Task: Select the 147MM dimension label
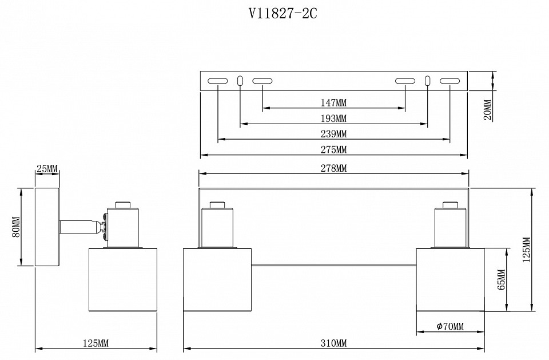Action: [333, 103]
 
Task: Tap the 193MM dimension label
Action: [333, 119]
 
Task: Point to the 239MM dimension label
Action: [333, 134]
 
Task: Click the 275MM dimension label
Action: [333, 150]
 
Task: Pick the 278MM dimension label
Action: [333, 168]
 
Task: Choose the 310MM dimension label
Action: [333, 343]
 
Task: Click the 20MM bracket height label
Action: [487, 110]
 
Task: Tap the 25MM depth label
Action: [47, 168]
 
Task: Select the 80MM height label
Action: [16, 227]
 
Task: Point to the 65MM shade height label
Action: [501, 279]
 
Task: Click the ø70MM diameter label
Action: [449, 327]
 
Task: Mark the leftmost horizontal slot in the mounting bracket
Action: [217, 81]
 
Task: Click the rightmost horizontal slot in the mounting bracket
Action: [449, 81]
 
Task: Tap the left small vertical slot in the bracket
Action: [240, 81]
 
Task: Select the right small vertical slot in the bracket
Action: [427, 81]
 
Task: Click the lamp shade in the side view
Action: [123, 280]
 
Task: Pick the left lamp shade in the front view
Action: [217, 280]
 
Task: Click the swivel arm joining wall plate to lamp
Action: [80, 226]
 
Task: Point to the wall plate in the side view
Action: [47, 227]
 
